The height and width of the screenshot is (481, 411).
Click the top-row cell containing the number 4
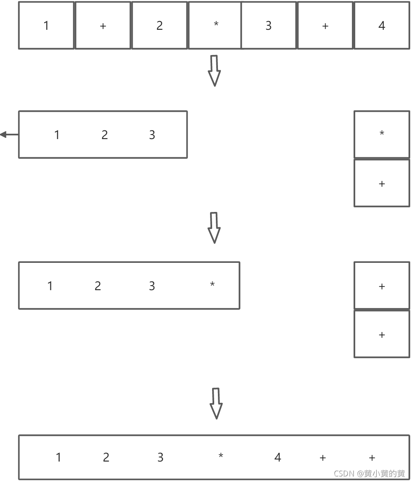click(x=382, y=26)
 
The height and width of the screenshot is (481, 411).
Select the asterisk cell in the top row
click(x=215, y=26)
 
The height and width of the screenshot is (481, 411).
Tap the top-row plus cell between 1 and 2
click(x=103, y=26)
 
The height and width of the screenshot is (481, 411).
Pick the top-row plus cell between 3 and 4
click(x=325, y=26)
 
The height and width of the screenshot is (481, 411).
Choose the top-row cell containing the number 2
click(x=160, y=26)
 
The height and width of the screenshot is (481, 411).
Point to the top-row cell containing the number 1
click(x=46, y=26)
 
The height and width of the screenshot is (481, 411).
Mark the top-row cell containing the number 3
click(x=269, y=26)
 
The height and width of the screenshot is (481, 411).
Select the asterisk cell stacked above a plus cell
click(x=382, y=134)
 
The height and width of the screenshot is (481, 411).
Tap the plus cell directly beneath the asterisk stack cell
click(x=382, y=183)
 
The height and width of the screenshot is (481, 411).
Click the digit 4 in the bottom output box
click(x=278, y=457)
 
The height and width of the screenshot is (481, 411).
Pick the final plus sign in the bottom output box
click(x=372, y=457)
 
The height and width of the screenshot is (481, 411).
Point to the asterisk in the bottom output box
click(x=221, y=456)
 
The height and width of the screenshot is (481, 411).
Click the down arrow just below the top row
click(x=214, y=71)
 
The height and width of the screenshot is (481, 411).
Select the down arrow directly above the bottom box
click(x=216, y=403)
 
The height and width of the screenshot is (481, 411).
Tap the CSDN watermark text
click(x=369, y=474)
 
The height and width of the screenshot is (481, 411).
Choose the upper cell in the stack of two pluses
click(x=382, y=286)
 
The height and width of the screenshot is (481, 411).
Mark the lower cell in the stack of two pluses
click(x=382, y=334)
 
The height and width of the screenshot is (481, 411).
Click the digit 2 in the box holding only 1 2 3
click(x=105, y=135)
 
